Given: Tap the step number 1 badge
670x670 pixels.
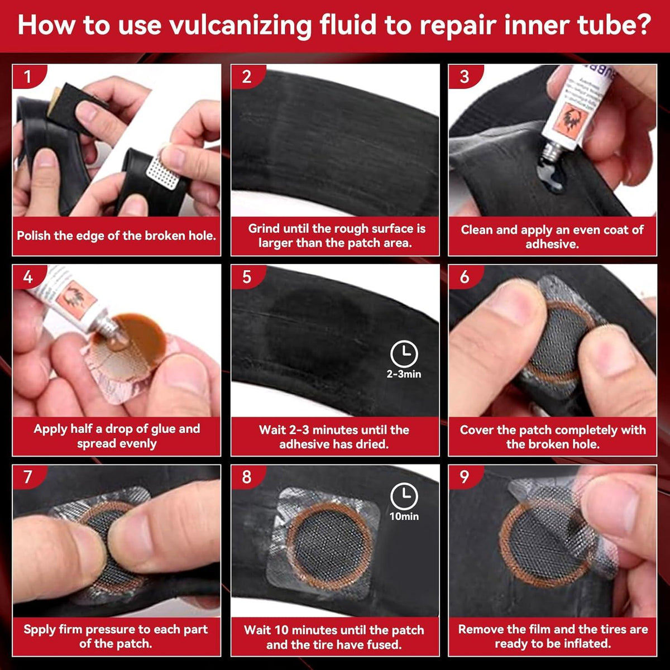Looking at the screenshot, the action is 27,76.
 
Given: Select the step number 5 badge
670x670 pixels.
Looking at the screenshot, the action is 246,277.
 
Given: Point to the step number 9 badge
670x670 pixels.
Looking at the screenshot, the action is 464,477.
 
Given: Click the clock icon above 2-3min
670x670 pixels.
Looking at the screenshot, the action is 404,354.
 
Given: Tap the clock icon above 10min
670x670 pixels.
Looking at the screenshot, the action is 404,496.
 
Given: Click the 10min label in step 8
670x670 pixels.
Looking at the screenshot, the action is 404,516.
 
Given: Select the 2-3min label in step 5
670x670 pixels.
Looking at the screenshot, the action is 404,374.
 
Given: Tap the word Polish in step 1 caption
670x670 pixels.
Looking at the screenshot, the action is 33,236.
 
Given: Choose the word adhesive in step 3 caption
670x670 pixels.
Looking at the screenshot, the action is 552,244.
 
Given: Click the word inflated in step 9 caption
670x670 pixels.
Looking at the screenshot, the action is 585,644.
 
